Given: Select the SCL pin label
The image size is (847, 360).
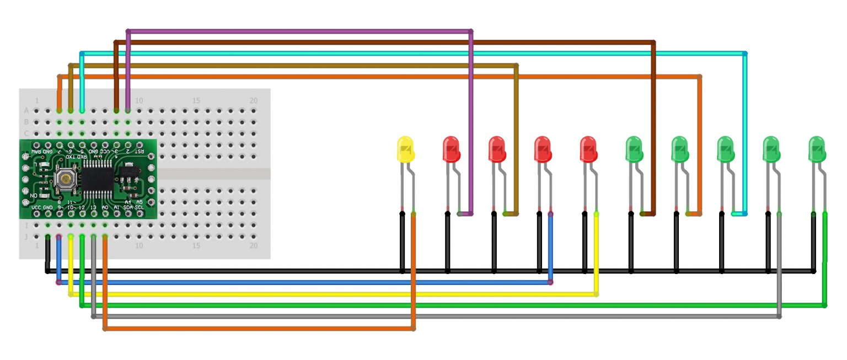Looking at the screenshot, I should click(x=140, y=207).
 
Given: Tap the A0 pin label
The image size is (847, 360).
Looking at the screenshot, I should click(x=105, y=207).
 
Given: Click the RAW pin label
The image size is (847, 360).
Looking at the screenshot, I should click(x=36, y=151).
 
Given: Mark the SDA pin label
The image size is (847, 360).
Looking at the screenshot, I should click(x=128, y=207).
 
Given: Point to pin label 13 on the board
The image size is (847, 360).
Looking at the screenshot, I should click(x=93, y=207).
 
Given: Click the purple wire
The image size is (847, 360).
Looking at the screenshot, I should click(x=298, y=31).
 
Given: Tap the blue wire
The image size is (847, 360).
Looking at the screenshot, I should click(x=303, y=282).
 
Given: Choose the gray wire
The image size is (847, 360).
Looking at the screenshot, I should click(x=436, y=316).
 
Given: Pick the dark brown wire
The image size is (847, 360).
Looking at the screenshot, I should click(x=386, y=42).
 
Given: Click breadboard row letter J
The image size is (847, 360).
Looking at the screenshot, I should click(x=26, y=237).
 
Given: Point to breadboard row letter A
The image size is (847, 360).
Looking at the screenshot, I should click(x=26, y=110).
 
